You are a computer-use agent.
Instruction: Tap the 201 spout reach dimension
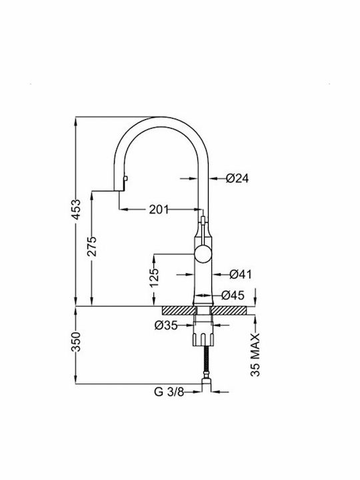pos(159,210)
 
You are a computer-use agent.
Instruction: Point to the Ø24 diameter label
pos(237,178)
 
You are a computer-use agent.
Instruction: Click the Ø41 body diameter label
pos(241,274)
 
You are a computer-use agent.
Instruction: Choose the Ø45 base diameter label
pos(233,295)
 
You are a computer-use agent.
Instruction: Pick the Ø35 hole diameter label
pos(166,325)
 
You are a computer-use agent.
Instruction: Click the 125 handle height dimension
pos(155,277)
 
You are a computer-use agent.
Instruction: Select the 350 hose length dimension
pos(77,341)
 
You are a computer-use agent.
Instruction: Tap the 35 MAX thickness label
pos(255,355)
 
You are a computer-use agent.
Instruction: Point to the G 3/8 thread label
pos(169,391)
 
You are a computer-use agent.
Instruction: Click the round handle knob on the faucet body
pos(203,255)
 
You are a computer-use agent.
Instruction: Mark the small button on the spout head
pos(125,179)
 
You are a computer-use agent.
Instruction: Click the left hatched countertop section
pos(179,311)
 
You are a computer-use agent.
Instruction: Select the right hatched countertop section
pos(229,311)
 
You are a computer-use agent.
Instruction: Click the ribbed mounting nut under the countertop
pos(203,340)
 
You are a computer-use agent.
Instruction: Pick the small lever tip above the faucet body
pos(203,219)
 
